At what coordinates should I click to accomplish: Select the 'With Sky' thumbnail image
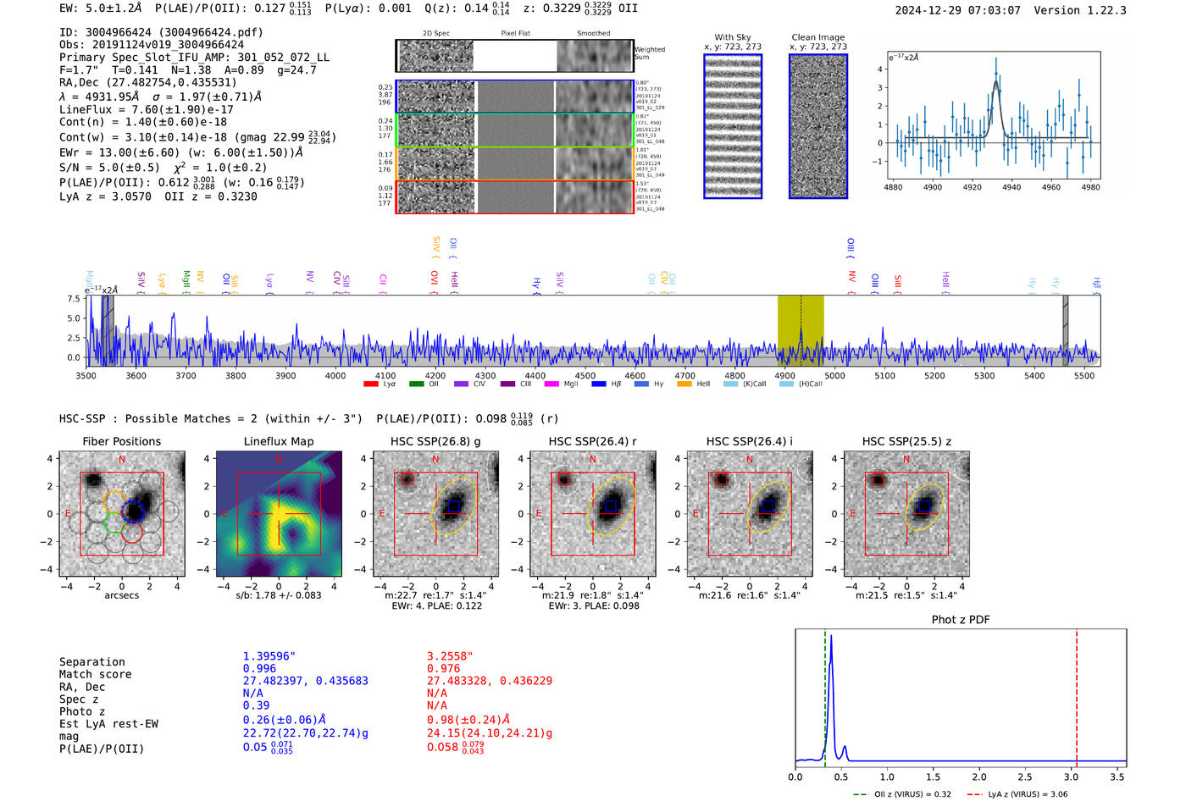coord(733,126)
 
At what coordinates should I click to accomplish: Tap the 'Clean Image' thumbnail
coord(818,126)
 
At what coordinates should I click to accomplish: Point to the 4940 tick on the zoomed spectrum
coord(1011,187)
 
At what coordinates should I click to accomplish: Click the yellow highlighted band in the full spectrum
coord(801,330)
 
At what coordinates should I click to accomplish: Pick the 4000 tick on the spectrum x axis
coord(335,376)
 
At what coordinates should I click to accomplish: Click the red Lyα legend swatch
coord(370,384)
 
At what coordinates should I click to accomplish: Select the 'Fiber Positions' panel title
coord(121,441)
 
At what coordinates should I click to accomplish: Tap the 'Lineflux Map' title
coord(279,441)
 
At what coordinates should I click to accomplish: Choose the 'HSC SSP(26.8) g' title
coord(435,441)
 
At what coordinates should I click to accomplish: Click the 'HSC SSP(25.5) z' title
coord(906,441)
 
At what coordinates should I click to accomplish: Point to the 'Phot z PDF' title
coord(961,620)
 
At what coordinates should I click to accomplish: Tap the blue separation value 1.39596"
coord(269,656)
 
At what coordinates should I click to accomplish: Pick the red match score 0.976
coord(444,669)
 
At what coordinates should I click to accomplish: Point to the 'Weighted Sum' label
coord(650,53)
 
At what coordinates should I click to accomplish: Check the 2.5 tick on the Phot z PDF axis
coord(1025,777)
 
